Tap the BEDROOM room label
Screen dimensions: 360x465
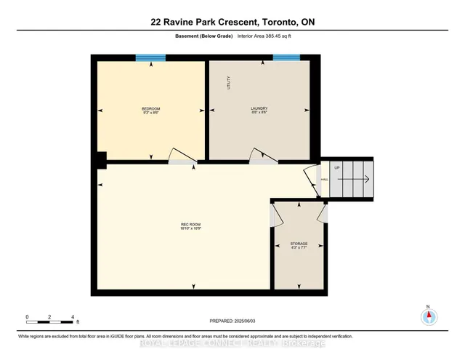point(150,111)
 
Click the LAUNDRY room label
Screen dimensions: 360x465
point(260,111)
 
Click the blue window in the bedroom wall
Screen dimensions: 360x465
point(150,57)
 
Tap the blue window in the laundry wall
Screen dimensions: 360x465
point(286,57)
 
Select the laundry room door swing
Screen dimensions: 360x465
point(260,156)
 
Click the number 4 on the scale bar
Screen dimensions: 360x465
point(73,316)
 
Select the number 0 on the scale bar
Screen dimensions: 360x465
point(27,316)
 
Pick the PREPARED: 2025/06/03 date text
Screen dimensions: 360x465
point(232,320)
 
